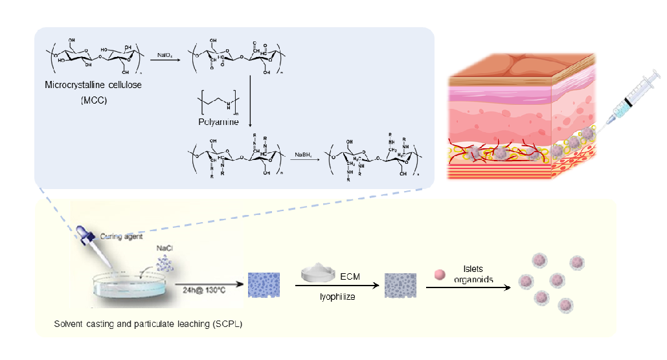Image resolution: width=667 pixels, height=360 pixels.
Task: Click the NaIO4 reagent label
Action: (x=164, y=56)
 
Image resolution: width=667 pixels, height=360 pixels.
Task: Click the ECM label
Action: (x=350, y=276)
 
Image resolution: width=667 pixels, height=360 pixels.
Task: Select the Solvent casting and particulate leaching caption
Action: (x=148, y=324)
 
